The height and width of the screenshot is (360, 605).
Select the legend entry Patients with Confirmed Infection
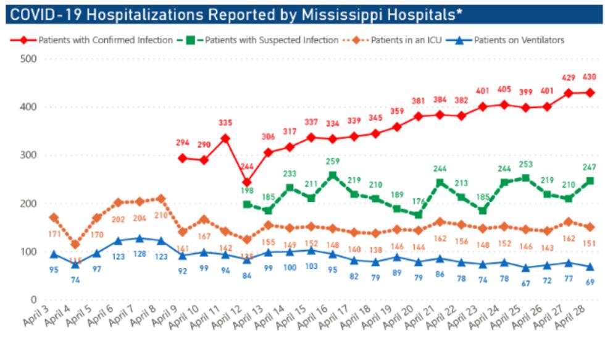(x=105, y=40)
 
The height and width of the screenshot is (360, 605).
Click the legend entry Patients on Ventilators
(x=519, y=40)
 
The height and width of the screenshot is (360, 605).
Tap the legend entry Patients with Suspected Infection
(x=272, y=40)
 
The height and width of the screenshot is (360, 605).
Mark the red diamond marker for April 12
(x=247, y=182)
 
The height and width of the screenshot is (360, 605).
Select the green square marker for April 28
(x=590, y=181)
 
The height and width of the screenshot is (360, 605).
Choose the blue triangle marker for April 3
(x=54, y=254)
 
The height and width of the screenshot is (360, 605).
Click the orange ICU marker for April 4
(x=75, y=245)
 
